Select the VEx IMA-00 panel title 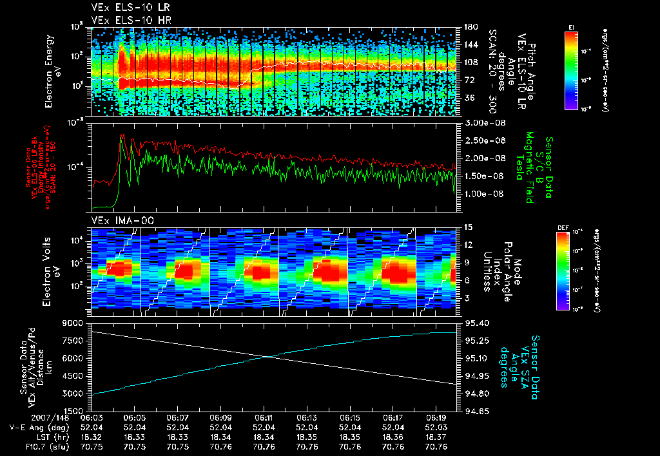117,221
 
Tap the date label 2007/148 27,417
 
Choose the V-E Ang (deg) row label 36,427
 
